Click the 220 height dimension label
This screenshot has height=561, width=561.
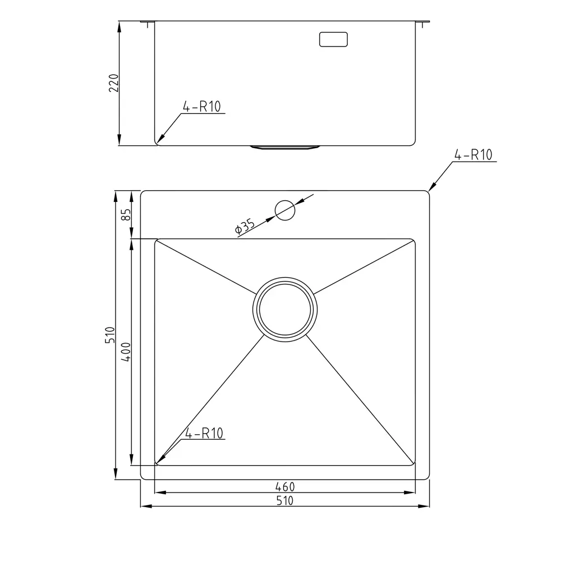(114, 83)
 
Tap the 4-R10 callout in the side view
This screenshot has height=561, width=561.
(202, 107)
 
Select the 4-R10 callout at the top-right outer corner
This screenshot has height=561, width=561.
(473, 155)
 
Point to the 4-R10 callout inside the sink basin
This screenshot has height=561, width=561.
(204, 433)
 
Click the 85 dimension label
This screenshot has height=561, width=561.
(126, 215)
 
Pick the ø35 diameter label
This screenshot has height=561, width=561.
(245, 226)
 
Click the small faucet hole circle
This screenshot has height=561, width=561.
(285, 210)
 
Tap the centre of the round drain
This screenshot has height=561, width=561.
(285, 310)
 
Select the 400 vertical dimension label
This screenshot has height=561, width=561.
(126, 352)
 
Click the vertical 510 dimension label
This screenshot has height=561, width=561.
(110, 335)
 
